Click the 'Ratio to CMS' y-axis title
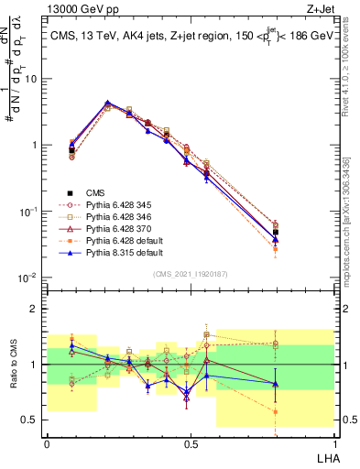[x=13, y=364]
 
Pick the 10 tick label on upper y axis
[x=31, y=79]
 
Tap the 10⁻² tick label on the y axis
[x=29, y=278]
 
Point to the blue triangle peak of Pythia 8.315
[x=108, y=103]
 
